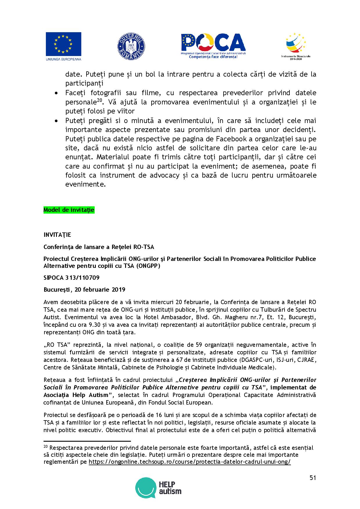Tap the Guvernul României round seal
[x=131, y=46]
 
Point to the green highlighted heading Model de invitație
[x=69, y=210]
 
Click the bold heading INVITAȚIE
[x=57, y=234]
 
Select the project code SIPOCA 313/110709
[x=71, y=278]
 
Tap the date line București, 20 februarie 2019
[x=84, y=290]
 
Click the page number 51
[x=313, y=478]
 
